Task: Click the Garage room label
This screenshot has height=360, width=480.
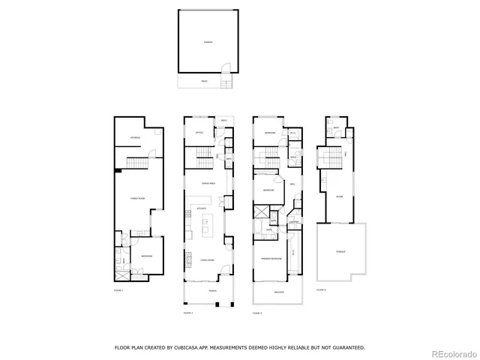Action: coord(208,42)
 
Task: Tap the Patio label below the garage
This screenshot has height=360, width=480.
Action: coord(204,81)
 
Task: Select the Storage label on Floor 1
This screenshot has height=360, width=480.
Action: coord(136,138)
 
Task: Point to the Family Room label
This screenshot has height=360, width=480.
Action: coord(136,199)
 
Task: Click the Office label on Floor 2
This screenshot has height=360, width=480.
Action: coord(199,133)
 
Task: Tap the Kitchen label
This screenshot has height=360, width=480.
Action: coord(201,208)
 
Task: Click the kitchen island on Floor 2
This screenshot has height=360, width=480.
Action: coord(210,223)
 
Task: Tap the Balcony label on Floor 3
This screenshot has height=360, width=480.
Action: coord(279,292)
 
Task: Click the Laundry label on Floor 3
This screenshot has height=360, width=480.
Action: coord(295,223)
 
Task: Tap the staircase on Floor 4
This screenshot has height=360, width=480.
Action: coord(331,159)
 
